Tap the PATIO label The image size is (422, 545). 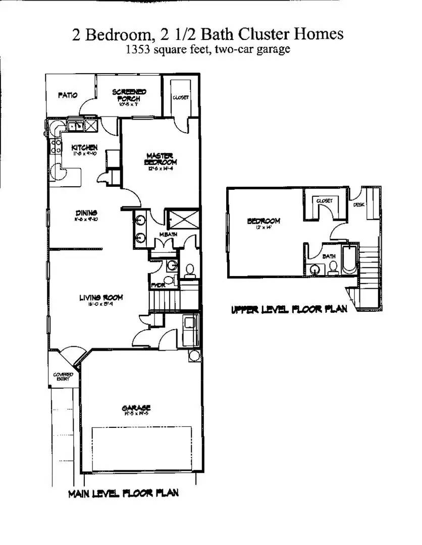(x=67, y=95)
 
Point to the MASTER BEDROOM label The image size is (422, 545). (x=161, y=159)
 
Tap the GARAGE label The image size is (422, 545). (x=136, y=408)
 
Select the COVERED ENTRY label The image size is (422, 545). (x=63, y=376)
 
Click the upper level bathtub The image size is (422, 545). (x=350, y=259)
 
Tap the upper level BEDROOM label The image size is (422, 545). (x=263, y=221)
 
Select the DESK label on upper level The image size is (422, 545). (x=359, y=205)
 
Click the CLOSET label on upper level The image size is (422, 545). (x=325, y=201)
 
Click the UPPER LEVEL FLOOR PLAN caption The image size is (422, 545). (x=289, y=309)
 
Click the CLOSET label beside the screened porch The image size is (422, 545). (x=180, y=97)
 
